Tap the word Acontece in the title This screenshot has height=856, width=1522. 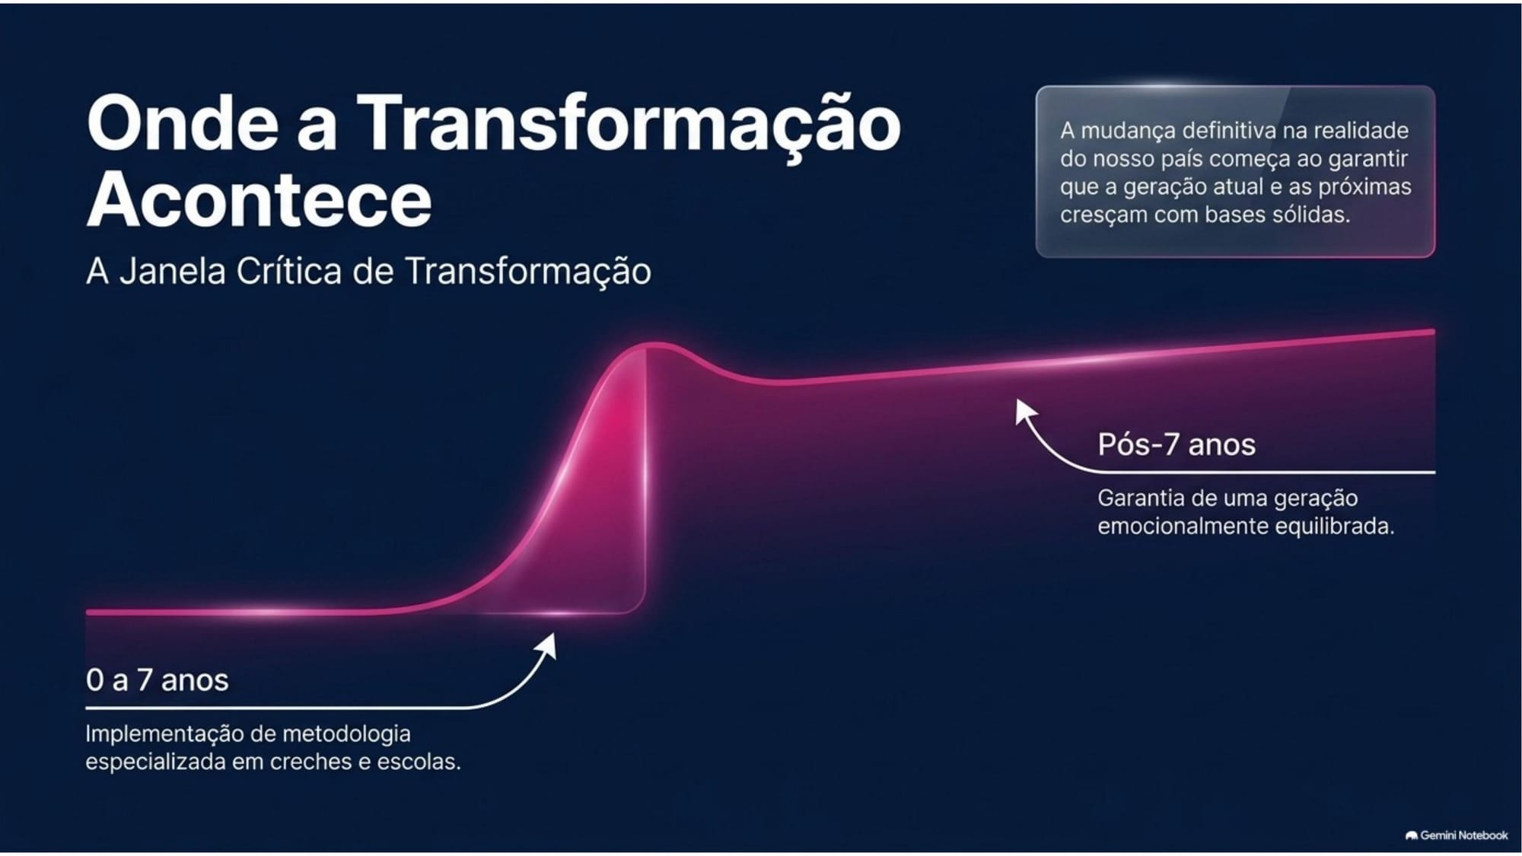260,199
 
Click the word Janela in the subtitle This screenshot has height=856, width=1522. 173,271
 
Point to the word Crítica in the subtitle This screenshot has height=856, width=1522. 289,271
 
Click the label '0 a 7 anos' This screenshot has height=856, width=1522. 157,679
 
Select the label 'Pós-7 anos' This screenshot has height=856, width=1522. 1176,444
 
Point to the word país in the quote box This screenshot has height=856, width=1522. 1183,160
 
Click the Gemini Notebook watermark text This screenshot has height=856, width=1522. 1463,835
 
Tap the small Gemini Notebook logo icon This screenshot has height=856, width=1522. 1411,835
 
